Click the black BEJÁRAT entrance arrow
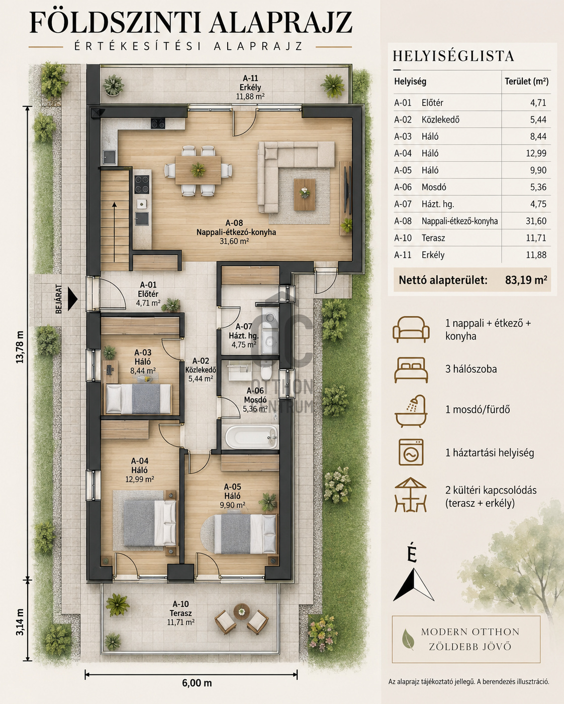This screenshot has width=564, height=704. click(72, 299)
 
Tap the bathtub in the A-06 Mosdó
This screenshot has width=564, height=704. click(251, 437)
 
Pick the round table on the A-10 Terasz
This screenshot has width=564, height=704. click(241, 612)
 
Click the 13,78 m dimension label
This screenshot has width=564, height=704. click(20, 347)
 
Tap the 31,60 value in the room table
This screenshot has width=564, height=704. click(536, 221)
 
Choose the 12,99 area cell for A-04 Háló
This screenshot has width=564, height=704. click(536, 153)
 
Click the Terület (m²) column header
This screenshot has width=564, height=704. click(526, 81)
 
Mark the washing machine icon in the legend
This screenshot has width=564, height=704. click(411, 452)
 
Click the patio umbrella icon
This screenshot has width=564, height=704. click(410, 495)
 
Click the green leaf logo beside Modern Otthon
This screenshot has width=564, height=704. click(408, 639)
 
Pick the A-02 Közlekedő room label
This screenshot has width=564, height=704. click(201, 370)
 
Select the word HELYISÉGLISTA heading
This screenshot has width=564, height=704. click(453, 56)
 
